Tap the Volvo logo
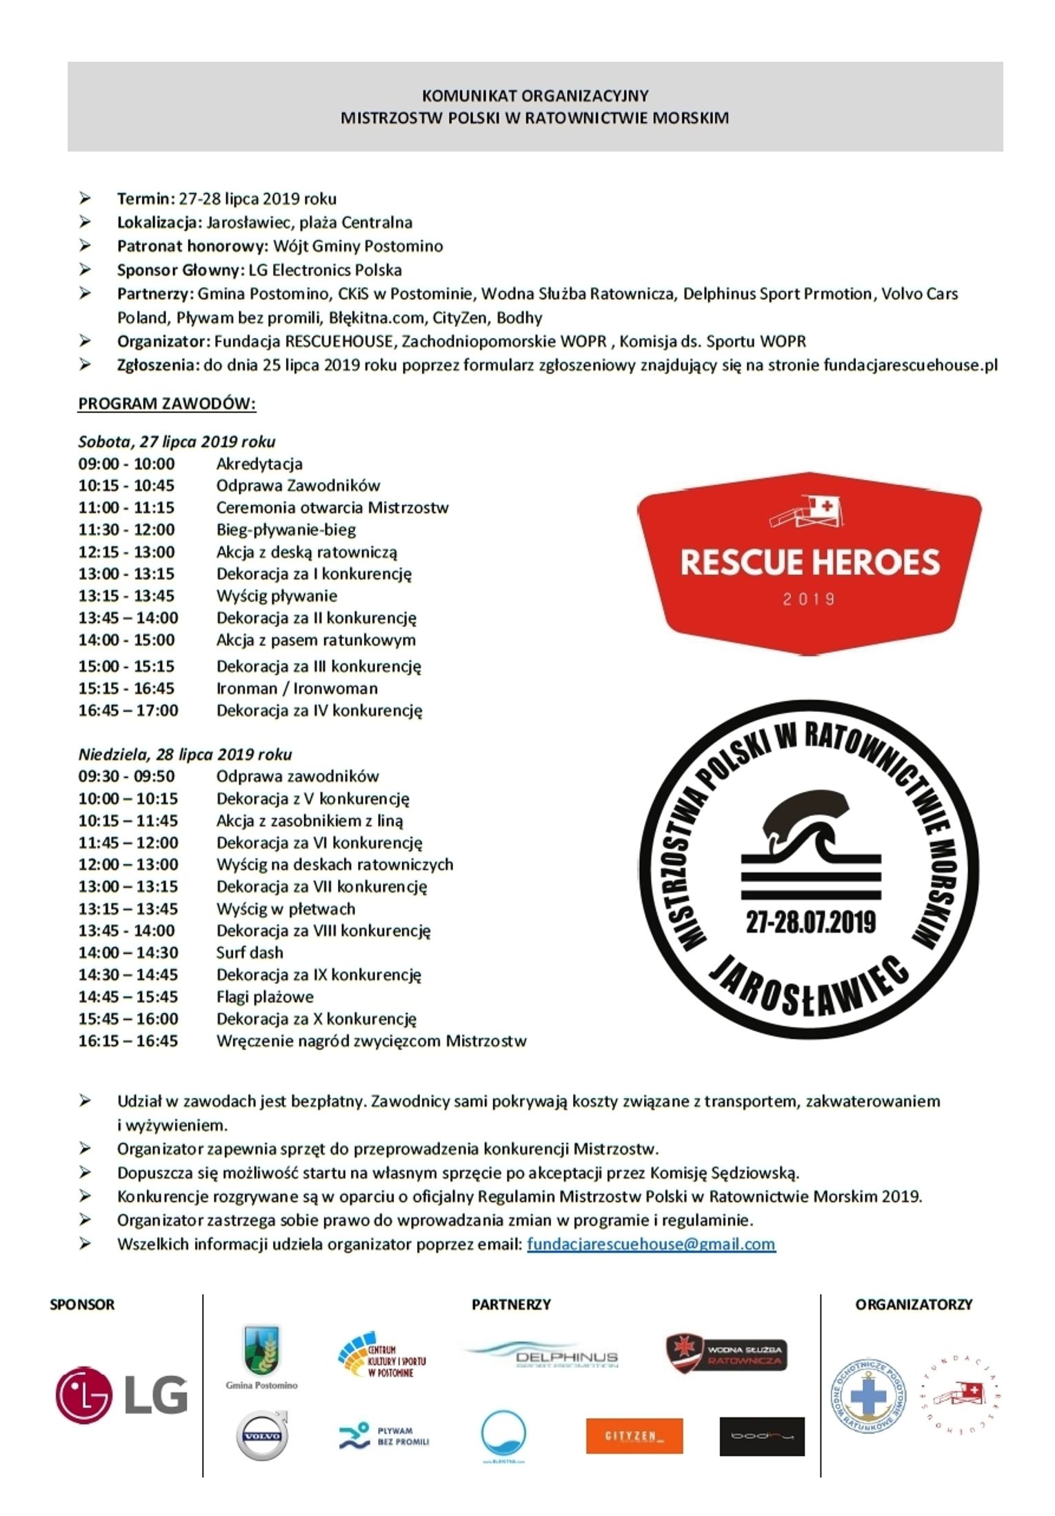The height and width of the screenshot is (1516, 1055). coord(261,1435)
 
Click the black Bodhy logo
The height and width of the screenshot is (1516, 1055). coord(761,1436)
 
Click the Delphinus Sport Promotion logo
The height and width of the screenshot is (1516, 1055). coord(542,1355)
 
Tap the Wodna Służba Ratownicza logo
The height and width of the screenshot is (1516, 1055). coord(726,1353)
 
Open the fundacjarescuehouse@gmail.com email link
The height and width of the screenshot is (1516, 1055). coord(651,1244)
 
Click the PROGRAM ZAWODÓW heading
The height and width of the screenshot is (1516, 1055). coord(167,403)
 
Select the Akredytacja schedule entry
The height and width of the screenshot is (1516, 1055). coord(259,463)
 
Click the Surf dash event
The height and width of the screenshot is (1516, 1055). coord(250,953)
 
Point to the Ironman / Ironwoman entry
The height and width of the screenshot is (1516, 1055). coord(297,688)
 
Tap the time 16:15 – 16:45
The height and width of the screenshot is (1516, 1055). coord(128,1041)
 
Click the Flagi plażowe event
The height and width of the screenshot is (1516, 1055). coord(265,997)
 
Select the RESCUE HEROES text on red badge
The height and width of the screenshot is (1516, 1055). coord(810,562)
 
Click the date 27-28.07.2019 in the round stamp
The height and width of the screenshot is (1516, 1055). coord(810,922)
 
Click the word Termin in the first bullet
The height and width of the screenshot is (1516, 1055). coord(143,199)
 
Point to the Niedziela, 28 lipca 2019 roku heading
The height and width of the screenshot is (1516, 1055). coord(185,754)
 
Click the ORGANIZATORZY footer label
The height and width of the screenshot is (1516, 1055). coord(913,1304)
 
